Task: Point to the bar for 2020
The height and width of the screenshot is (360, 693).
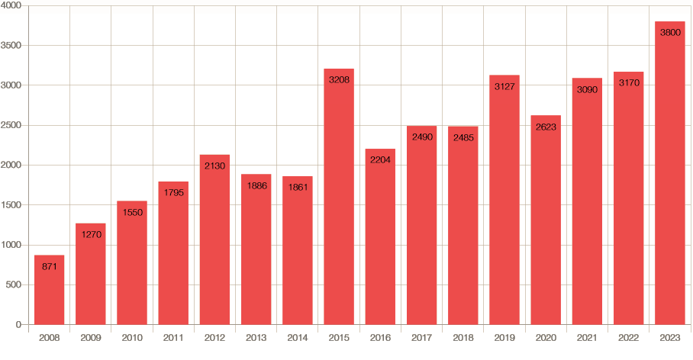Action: (x=546, y=225)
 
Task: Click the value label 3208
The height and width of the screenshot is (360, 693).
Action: (x=339, y=79)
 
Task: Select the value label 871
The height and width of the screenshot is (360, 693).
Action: (x=49, y=266)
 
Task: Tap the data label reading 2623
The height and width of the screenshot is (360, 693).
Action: (x=546, y=127)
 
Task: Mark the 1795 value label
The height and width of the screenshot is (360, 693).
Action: (x=173, y=192)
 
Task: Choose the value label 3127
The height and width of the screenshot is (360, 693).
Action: (x=504, y=86)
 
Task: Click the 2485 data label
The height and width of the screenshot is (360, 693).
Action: (x=463, y=137)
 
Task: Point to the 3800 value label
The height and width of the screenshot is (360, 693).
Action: (x=669, y=32)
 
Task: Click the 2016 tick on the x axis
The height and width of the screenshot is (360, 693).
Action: (x=380, y=338)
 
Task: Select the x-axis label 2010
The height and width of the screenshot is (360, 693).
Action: (x=132, y=338)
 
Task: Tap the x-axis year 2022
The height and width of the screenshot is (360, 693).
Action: (x=628, y=338)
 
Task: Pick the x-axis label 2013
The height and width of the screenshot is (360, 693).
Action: (x=256, y=338)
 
